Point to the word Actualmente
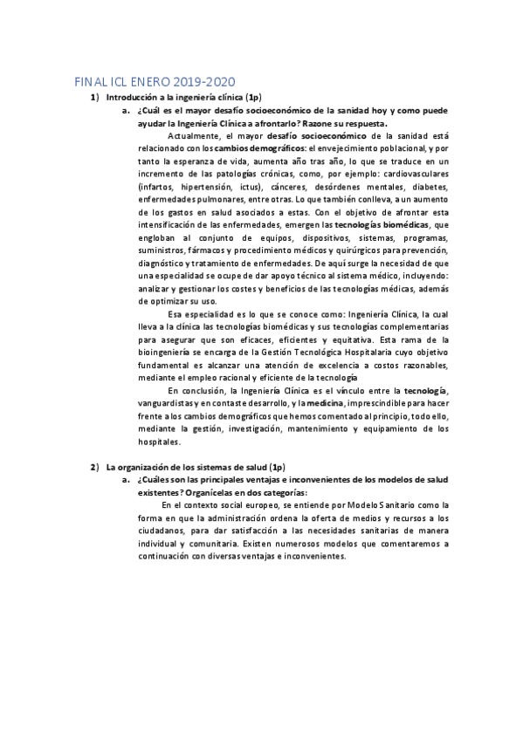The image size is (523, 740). pos(194,137)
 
